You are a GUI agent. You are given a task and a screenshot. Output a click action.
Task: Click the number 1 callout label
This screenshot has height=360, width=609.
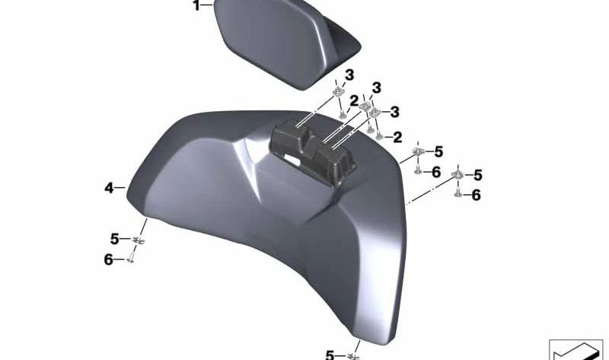click(x=197, y=5)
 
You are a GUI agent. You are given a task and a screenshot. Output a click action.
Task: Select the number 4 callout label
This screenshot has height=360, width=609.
click(x=109, y=188)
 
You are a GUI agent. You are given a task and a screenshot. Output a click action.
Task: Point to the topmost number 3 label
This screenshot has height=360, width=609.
click(x=349, y=75)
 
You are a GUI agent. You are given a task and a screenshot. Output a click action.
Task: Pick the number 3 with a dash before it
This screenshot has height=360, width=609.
click(x=394, y=112)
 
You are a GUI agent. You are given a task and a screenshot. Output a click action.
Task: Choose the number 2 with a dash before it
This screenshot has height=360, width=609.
click(x=397, y=137)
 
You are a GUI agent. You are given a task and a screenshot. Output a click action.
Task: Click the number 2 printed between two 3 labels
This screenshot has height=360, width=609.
click(x=353, y=101)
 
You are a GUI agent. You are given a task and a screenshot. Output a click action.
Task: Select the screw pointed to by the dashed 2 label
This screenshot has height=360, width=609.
click(x=379, y=135)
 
